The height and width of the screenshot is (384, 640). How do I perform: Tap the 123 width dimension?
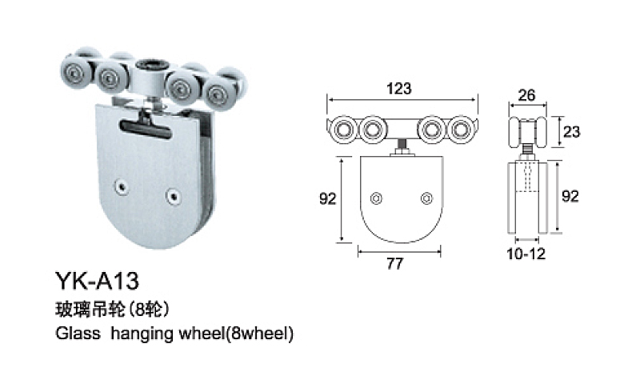[x=401, y=90]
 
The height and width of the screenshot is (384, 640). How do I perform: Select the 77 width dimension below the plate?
[x=394, y=263]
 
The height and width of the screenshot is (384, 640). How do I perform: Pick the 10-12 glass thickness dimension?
[x=527, y=254]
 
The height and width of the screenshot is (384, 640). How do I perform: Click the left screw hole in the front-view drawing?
[x=378, y=197]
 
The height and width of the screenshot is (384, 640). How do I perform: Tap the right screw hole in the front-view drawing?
[x=426, y=197]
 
